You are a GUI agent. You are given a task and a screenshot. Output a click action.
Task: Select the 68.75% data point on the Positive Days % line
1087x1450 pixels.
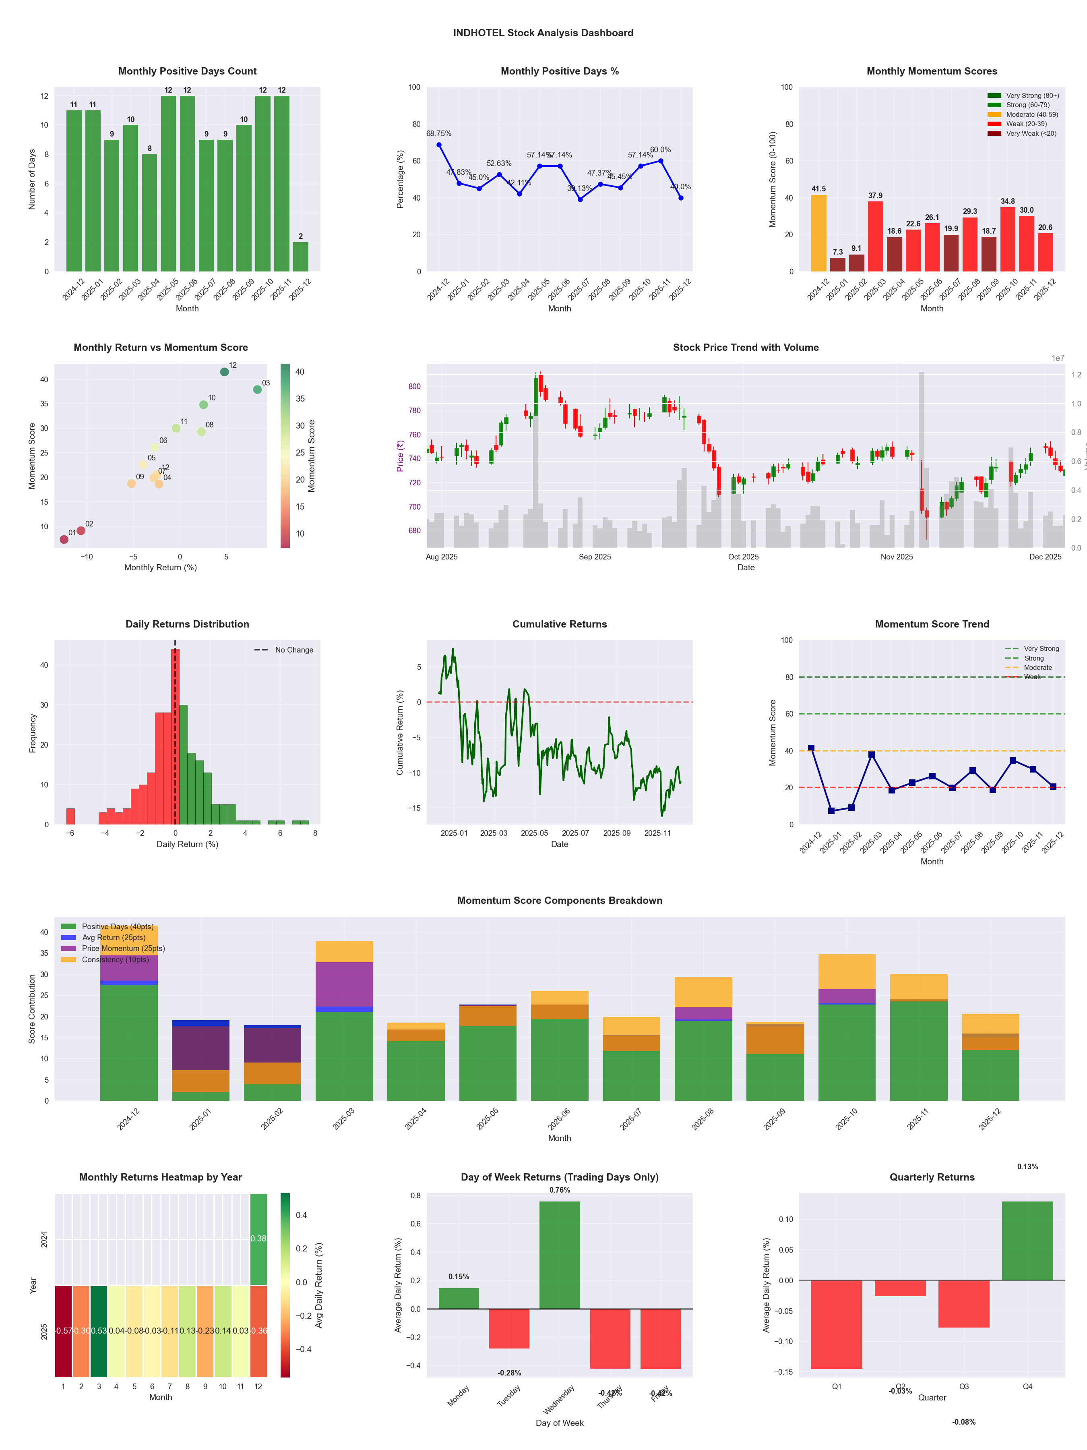click(439, 145)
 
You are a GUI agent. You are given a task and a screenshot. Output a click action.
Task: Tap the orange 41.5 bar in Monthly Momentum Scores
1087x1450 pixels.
click(818, 233)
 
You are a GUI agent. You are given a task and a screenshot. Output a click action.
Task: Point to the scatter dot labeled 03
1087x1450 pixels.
click(258, 389)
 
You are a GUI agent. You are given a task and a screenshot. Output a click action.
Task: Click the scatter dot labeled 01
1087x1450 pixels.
click(64, 539)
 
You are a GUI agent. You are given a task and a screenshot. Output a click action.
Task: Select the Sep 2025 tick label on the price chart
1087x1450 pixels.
click(594, 557)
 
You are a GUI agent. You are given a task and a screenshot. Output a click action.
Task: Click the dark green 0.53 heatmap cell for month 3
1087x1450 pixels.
click(99, 1331)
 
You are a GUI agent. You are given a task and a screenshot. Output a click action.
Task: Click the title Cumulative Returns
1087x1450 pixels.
click(560, 624)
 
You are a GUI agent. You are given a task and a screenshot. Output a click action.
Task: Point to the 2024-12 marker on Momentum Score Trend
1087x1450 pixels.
click(811, 748)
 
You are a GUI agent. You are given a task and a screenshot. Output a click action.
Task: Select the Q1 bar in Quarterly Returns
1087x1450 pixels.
click(837, 1324)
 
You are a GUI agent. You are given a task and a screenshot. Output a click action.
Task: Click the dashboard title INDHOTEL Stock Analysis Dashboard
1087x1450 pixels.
click(543, 33)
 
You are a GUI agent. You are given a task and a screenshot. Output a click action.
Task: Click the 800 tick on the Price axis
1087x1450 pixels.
click(414, 387)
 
